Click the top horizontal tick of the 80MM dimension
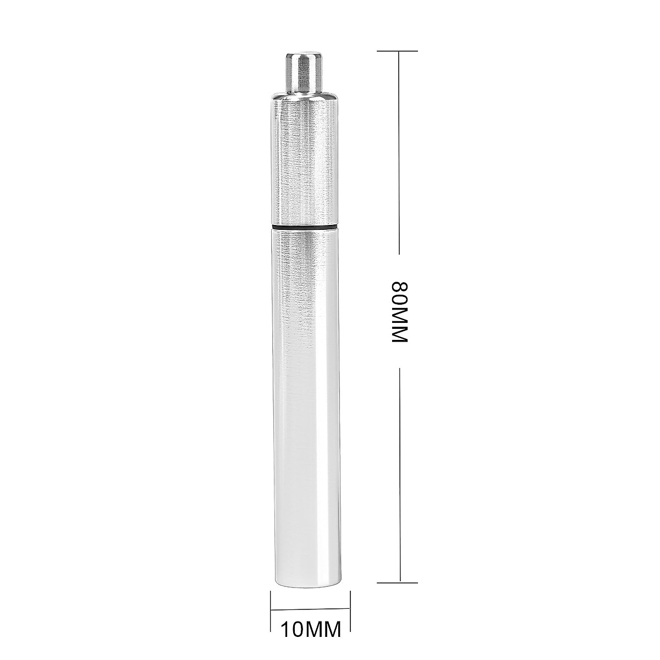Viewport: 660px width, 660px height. coord(397,51)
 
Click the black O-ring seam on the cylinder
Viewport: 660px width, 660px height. coord(303,226)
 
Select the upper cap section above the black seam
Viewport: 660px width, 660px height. coord(303,165)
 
